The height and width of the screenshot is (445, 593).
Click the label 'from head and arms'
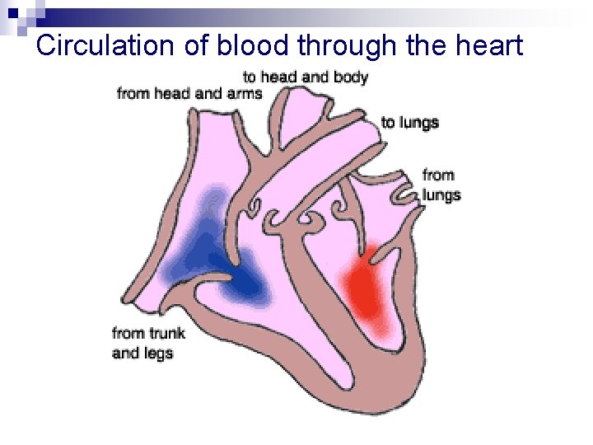click(189, 92)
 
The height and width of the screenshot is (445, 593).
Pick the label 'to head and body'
click(305, 77)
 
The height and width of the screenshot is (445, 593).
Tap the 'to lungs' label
click(409, 123)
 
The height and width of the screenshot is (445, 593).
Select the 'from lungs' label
click(441, 185)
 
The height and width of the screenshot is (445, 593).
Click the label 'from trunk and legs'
click(148, 343)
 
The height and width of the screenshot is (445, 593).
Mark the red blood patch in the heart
click(367, 288)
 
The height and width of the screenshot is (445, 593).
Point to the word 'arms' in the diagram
click(245, 92)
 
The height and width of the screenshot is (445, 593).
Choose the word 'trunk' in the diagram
click(166, 333)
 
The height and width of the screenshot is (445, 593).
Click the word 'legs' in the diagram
click(158, 353)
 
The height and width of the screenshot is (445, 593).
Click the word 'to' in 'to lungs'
click(387, 123)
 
